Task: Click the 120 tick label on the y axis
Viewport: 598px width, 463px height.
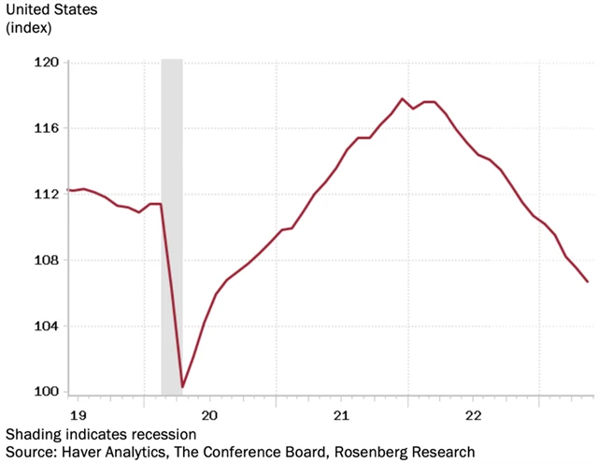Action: point(46,63)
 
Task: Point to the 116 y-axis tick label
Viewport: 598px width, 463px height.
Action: point(46,128)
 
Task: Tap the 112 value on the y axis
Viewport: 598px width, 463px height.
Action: point(46,195)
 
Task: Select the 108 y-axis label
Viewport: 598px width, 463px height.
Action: point(46,260)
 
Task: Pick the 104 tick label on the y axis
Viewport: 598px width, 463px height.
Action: point(46,326)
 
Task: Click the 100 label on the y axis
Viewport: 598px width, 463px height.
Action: point(46,392)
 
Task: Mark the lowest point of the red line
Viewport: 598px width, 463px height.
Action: point(182,386)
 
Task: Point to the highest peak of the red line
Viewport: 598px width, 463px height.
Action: point(402,99)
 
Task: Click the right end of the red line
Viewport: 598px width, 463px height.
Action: point(588,282)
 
